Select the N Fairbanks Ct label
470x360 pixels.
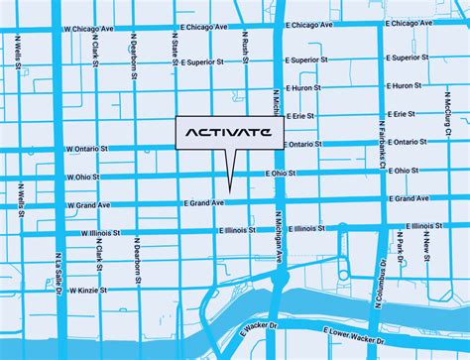(x=380, y=138)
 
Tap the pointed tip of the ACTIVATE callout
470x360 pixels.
(x=228, y=190)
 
